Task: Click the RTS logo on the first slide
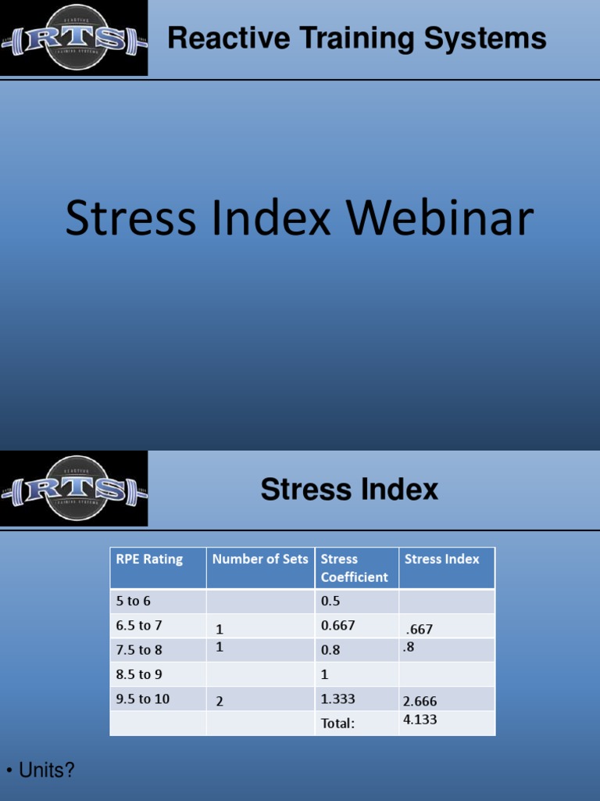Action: pos(73,38)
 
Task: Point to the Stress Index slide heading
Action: pos(349,490)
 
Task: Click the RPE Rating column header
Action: pos(149,559)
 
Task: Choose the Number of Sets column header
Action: pos(260,559)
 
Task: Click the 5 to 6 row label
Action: pos(134,602)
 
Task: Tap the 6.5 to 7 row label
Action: pos(139,626)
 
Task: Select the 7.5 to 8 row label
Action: pos(139,649)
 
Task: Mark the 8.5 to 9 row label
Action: pos(139,674)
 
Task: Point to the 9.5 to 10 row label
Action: pos(143,699)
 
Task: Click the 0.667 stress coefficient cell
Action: pos(337,626)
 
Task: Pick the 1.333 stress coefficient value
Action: pos(337,699)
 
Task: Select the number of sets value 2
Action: pos(220,702)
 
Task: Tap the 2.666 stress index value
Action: pos(420,702)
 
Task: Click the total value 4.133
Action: pos(420,720)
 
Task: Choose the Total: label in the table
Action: pos(337,724)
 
